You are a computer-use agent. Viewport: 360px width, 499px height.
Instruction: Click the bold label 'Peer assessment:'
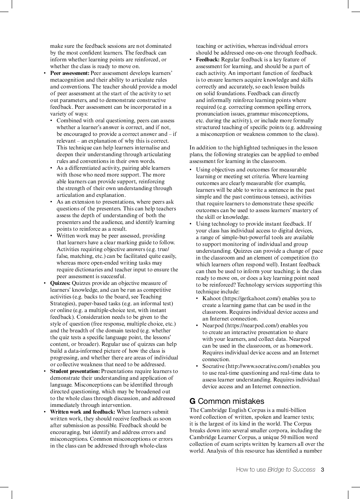coord(69,73)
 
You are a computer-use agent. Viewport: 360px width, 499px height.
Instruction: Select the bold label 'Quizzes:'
coord(60,283)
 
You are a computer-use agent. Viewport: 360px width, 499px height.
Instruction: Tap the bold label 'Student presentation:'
coord(75,371)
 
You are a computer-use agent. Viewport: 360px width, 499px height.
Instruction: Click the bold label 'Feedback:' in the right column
coord(208,60)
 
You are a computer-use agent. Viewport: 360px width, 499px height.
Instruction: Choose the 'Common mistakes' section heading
coord(231,401)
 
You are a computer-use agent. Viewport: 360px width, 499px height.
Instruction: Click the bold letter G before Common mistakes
coord(192,401)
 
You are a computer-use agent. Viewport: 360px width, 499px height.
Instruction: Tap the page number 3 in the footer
coord(322,470)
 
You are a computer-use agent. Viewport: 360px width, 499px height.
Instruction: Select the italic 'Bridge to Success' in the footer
coord(291,470)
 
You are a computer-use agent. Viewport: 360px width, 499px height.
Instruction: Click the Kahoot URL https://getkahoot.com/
coord(252,298)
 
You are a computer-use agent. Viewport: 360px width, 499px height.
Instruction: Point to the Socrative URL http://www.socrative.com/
coord(259,366)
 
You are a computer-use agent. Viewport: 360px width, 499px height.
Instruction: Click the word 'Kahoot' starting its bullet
coord(212,298)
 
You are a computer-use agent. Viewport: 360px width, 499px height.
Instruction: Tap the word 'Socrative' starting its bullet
coord(213,366)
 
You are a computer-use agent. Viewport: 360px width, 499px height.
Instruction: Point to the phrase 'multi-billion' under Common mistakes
coord(291,410)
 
